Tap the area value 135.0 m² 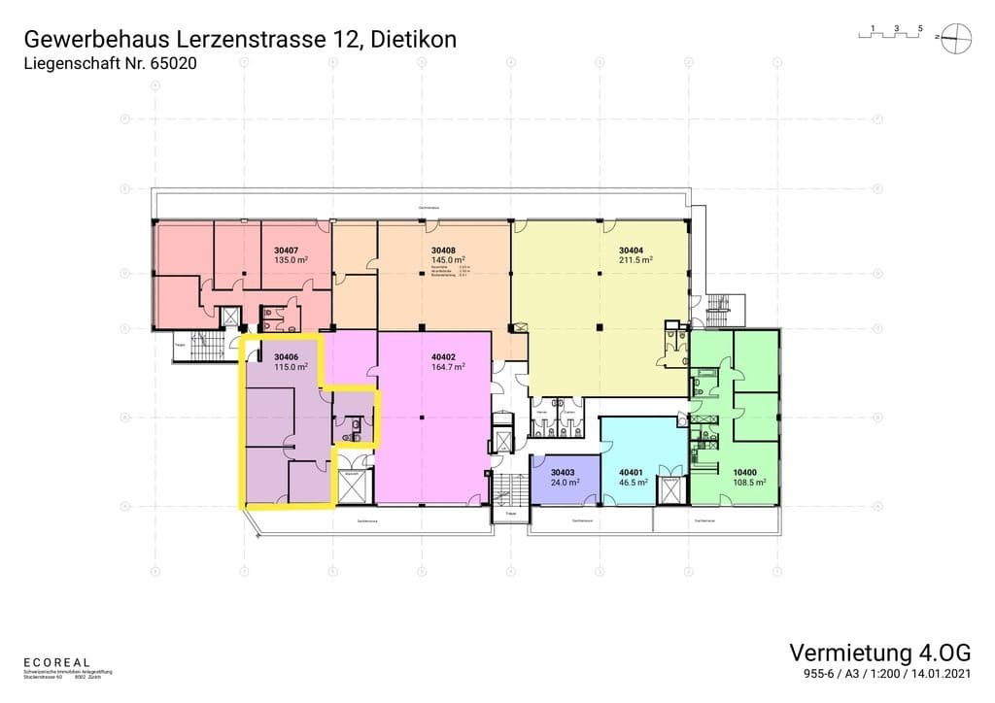[292, 260]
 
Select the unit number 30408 [443, 250]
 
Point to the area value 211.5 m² [635, 260]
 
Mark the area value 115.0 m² [291, 366]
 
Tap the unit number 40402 [443, 355]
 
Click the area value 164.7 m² [447, 366]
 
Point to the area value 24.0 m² [566, 482]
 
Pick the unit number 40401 [632, 471]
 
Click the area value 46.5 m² [634, 482]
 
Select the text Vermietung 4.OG [879, 652]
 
